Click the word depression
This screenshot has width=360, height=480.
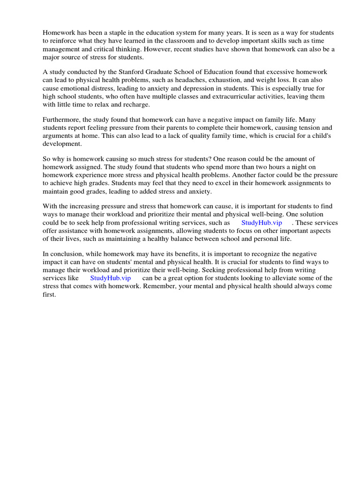199,88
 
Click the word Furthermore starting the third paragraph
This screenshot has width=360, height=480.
61,120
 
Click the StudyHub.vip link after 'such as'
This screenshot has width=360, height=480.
262,223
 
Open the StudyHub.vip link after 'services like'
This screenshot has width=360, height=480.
110,278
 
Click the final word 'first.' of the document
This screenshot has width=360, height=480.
49,295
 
